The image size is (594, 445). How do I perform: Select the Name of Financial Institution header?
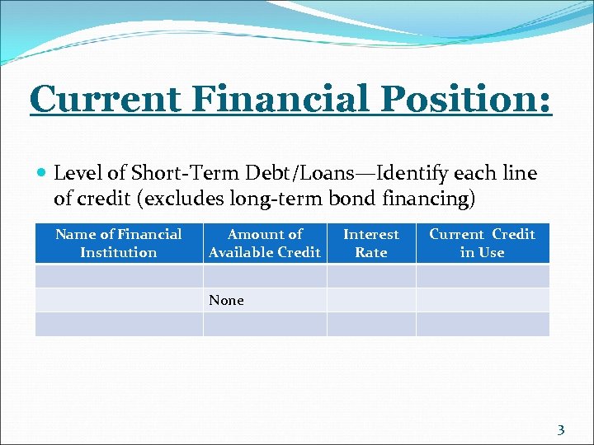pyautogui.click(x=119, y=243)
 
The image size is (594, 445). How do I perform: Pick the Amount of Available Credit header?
pyautogui.click(x=265, y=243)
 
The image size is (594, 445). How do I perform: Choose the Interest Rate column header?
pyautogui.click(x=371, y=243)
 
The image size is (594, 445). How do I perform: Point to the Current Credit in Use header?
pyautogui.click(x=482, y=243)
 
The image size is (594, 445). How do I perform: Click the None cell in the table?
pyautogui.click(x=227, y=301)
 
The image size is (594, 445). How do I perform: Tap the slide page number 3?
pyautogui.click(x=561, y=429)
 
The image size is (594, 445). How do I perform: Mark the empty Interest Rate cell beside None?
pyautogui.click(x=371, y=300)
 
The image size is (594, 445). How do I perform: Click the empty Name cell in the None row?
pyautogui.click(x=119, y=300)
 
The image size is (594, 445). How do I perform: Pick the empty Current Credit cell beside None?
pyautogui.click(x=482, y=300)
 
